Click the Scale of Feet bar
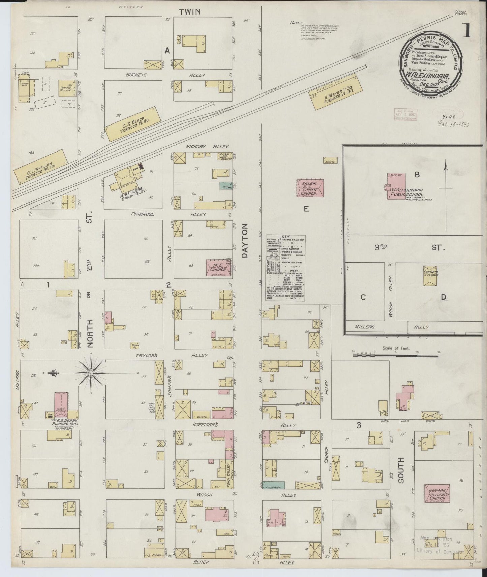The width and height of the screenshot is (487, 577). pyautogui.click(x=396, y=355)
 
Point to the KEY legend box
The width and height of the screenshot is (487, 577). pyautogui.click(x=285, y=268)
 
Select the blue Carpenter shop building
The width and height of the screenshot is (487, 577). pyautogui.click(x=274, y=485)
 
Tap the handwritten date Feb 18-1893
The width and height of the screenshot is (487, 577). pyautogui.click(x=454, y=124)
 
